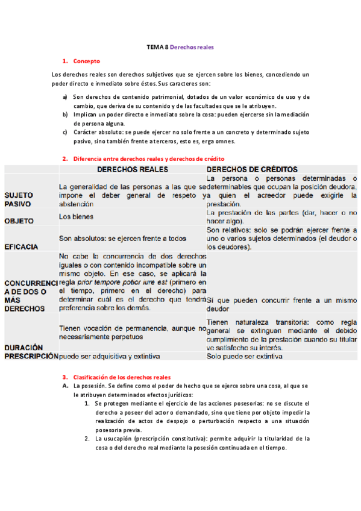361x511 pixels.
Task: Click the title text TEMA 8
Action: point(158,46)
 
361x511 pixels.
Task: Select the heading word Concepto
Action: point(86,61)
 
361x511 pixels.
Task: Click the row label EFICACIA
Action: point(21,246)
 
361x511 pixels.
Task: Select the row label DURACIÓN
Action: point(25,347)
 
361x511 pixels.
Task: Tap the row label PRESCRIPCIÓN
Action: point(30,356)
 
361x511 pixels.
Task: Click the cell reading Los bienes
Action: point(76,216)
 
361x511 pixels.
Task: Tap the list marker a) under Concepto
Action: point(65,96)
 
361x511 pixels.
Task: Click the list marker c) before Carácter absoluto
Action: point(65,133)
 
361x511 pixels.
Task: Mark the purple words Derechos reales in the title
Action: point(192,46)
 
